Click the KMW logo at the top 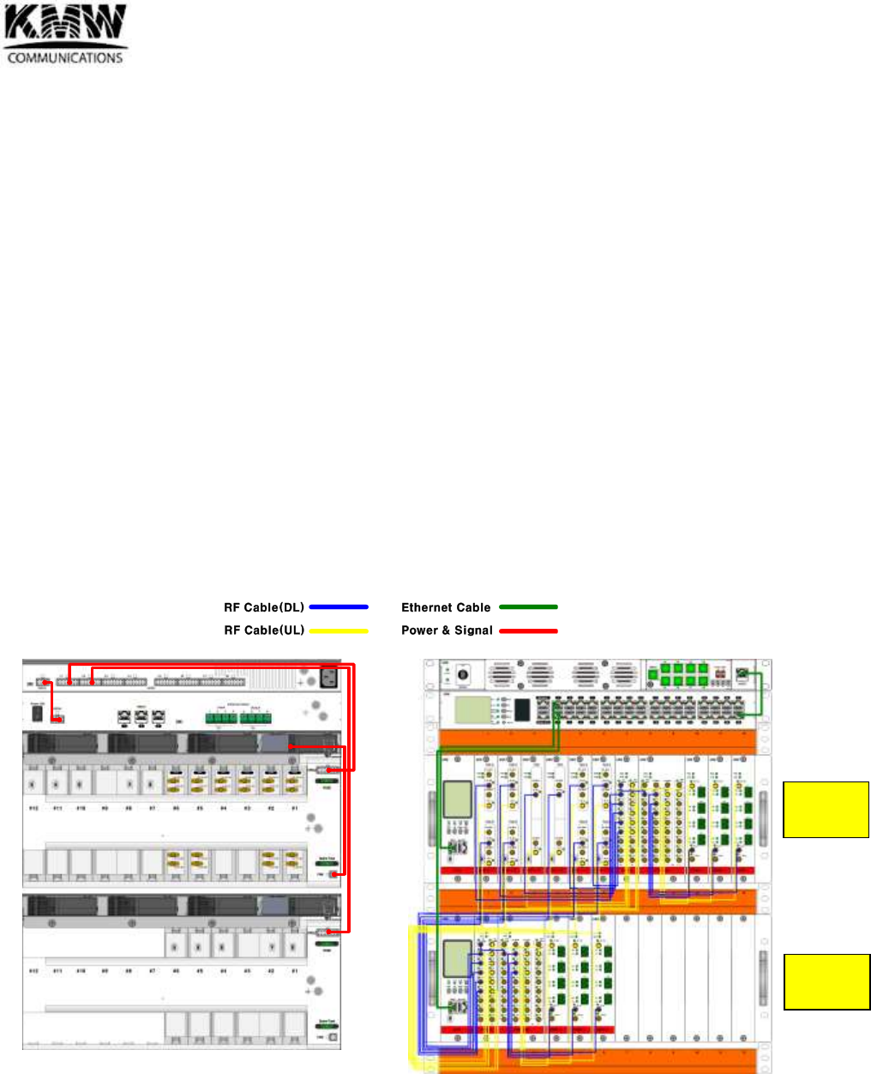(65, 26)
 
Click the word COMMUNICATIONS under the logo (65, 58)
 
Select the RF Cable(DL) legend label (264, 607)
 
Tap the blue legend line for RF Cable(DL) (339, 607)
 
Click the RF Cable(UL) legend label (264, 631)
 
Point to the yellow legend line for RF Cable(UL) (339, 631)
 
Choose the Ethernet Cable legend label (446, 607)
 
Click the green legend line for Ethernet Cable (528, 607)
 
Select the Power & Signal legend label (447, 631)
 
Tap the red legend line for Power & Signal (528, 631)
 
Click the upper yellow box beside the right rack (826, 809)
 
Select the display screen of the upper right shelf (456, 799)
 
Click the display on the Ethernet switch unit (472, 709)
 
